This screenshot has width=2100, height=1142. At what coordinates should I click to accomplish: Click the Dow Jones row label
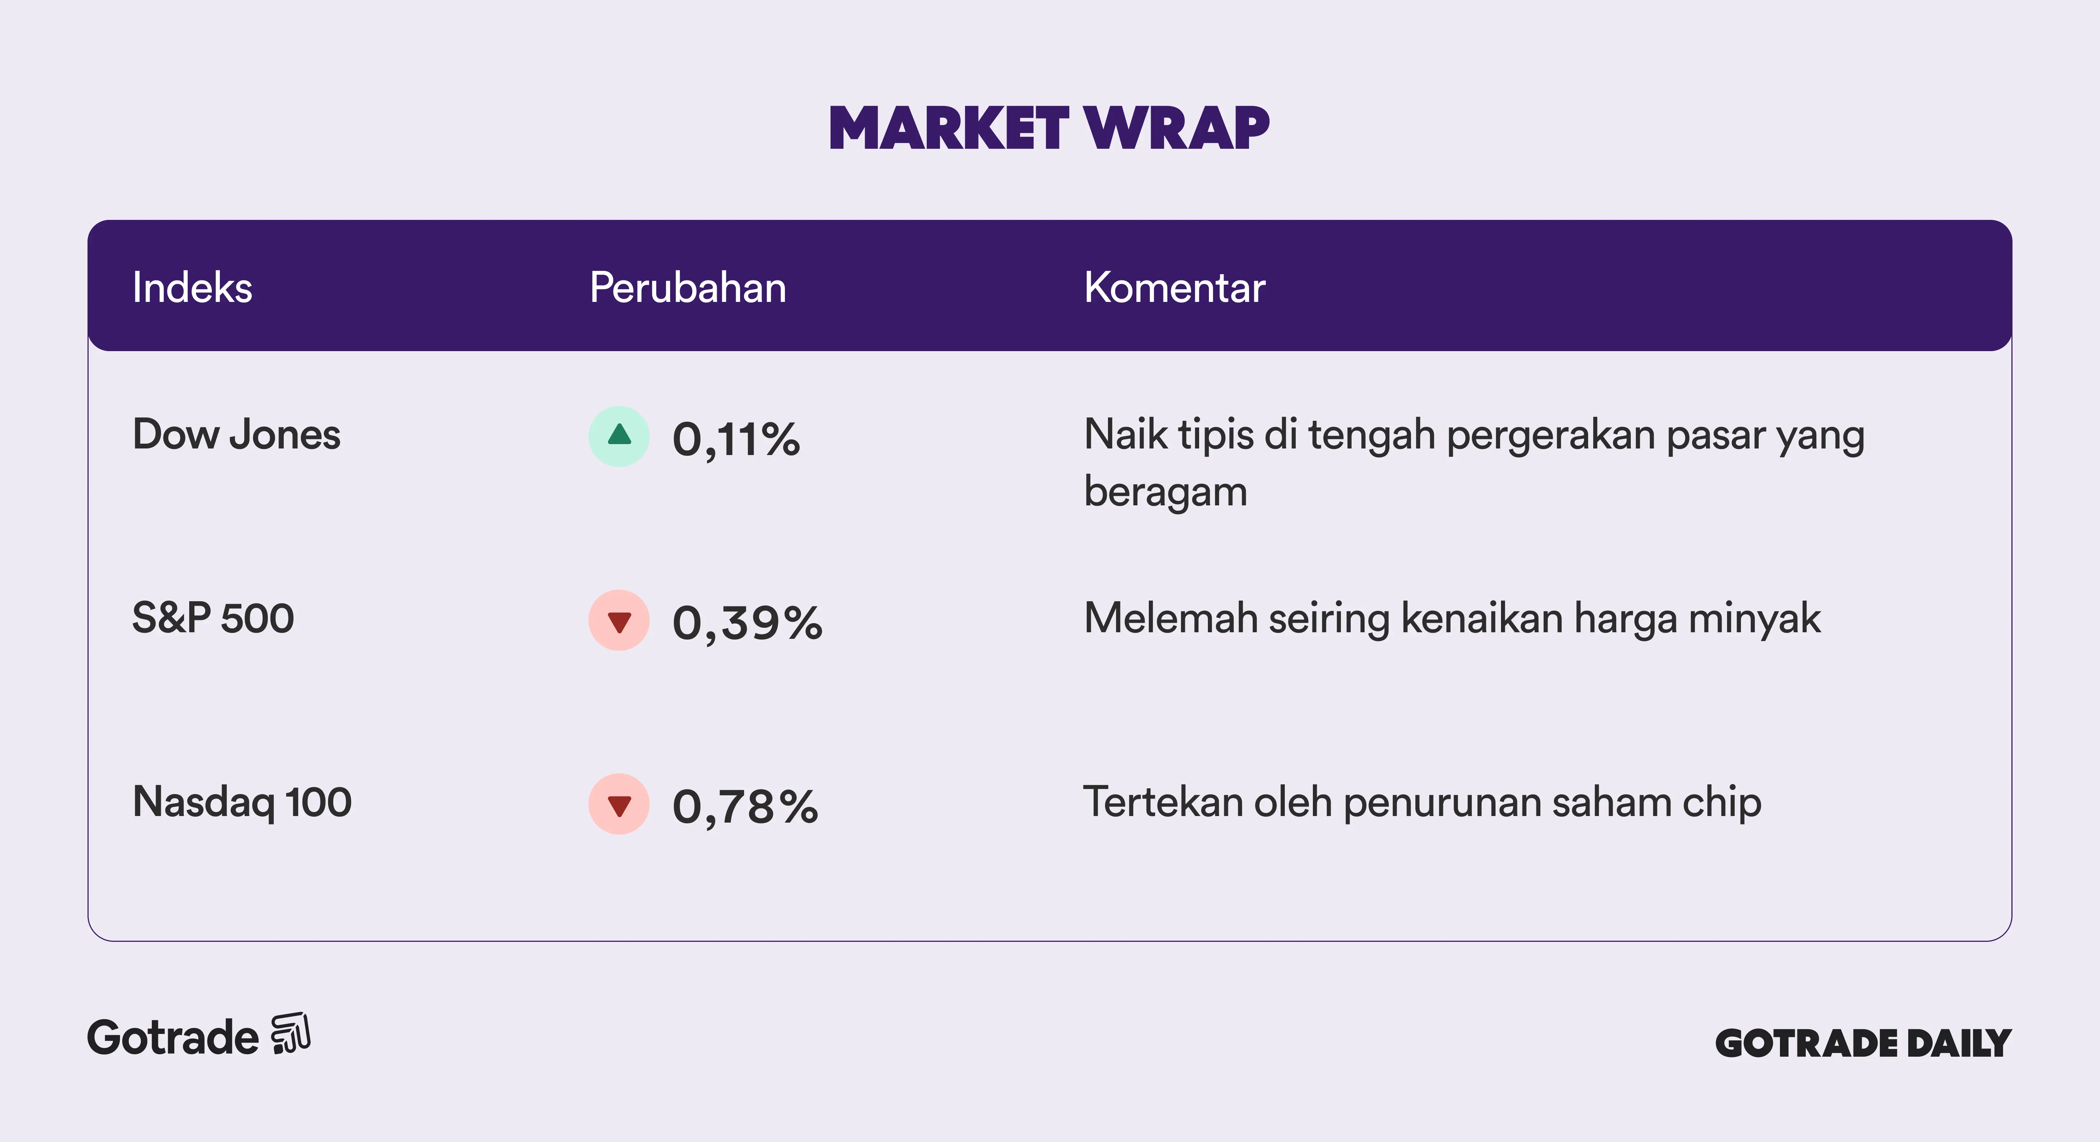[x=236, y=434]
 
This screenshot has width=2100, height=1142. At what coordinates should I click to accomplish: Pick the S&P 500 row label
[x=213, y=618]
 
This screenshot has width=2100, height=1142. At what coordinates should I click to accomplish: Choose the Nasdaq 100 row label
[x=242, y=802]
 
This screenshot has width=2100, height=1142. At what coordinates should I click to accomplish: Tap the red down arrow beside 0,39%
[x=619, y=620]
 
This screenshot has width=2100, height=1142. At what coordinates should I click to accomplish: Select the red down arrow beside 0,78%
[x=619, y=804]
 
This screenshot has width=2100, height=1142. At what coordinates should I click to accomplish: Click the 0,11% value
[x=736, y=440]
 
